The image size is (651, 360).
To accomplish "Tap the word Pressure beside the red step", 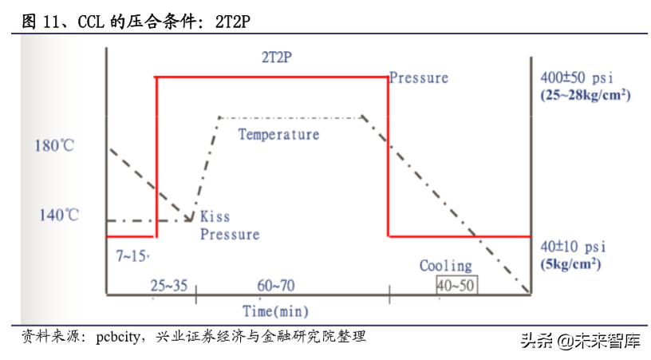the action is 419,78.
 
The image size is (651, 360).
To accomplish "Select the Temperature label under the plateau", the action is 278,134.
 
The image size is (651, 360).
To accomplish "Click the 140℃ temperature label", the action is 59,215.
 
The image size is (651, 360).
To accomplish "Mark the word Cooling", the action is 446,266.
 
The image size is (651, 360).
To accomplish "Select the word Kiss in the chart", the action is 215,216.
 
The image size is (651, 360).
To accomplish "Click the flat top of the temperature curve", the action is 290,117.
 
